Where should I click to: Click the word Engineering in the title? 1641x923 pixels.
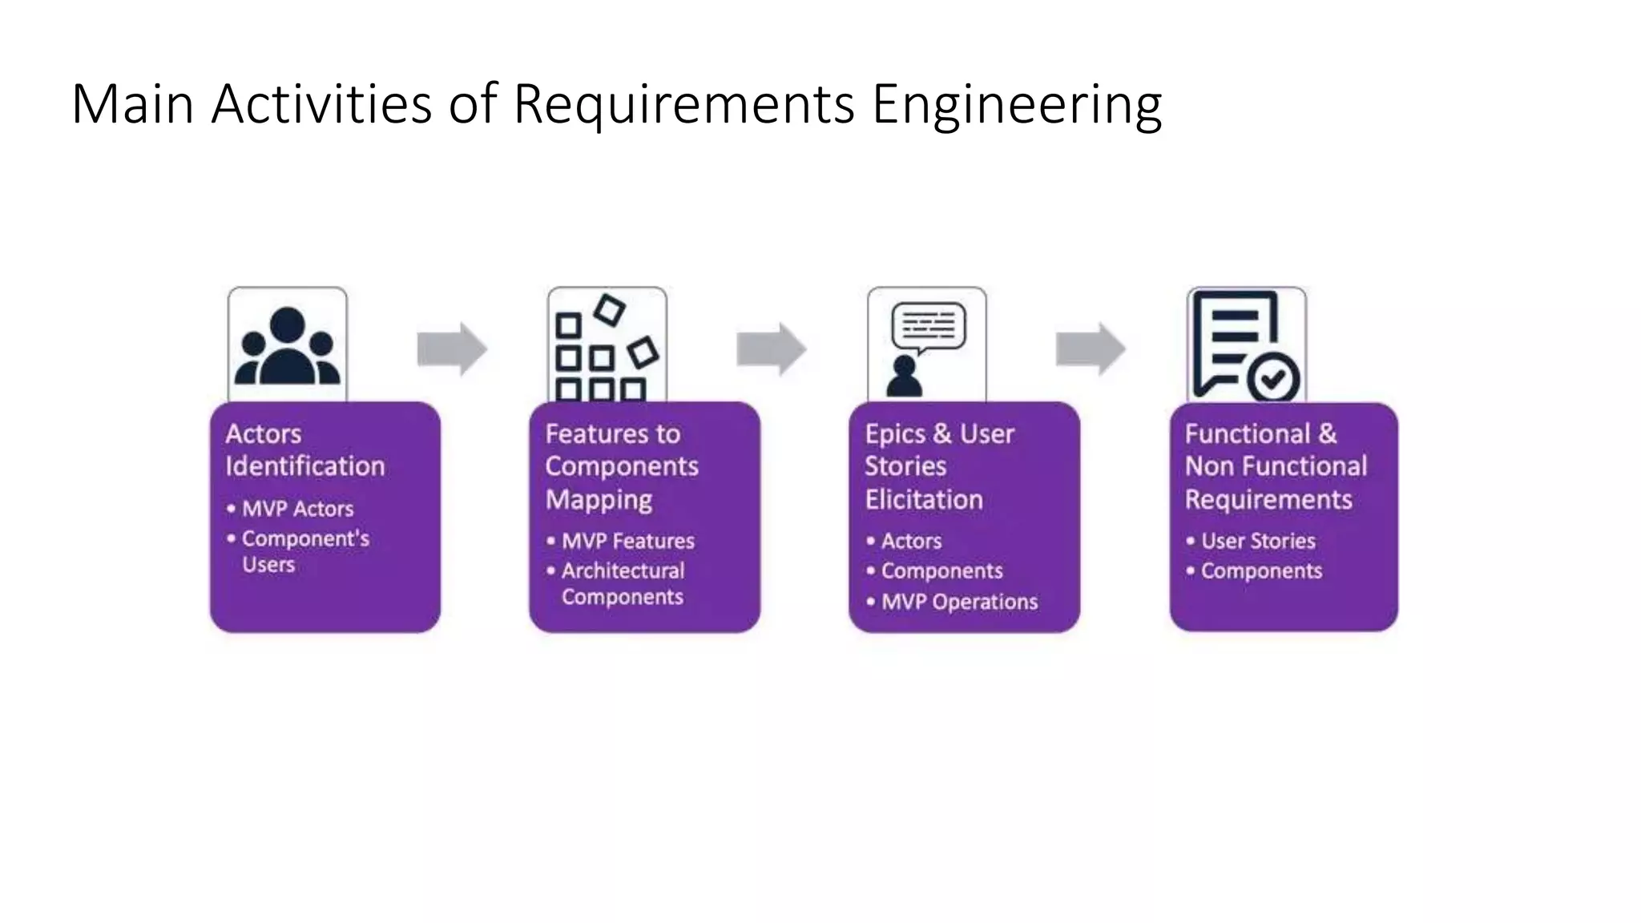click(x=1016, y=104)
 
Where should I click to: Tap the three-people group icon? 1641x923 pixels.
click(x=287, y=346)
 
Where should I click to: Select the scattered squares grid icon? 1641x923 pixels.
click(x=607, y=346)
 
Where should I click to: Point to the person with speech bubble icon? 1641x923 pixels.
click(x=926, y=346)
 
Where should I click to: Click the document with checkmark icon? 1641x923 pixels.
click(x=1246, y=346)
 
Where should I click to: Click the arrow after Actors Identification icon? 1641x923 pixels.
click(x=452, y=349)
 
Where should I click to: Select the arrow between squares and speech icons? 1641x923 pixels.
click(x=771, y=349)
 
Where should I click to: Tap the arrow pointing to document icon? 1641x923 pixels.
click(x=1091, y=349)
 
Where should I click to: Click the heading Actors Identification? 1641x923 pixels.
click(x=304, y=449)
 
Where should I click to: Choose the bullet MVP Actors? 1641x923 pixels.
click(x=297, y=509)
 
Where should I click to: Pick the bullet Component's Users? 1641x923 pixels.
click(x=304, y=551)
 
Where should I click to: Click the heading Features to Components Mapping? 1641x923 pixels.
click(x=621, y=466)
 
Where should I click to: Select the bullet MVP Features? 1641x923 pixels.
click(x=627, y=541)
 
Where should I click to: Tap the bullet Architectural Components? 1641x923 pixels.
click(x=623, y=583)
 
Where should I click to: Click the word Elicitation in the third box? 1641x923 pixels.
click(x=923, y=500)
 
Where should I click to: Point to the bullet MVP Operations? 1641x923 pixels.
click(x=959, y=602)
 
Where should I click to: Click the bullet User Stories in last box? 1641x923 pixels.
click(x=1258, y=541)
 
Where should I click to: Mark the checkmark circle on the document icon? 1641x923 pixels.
click(x=1273, y=377)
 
